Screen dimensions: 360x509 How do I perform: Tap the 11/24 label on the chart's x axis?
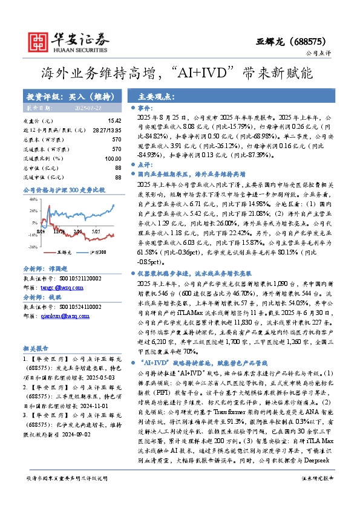(59, 214)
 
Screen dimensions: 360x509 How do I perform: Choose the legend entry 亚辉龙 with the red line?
(47, 251)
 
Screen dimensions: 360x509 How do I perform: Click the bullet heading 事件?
(146, 108)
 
